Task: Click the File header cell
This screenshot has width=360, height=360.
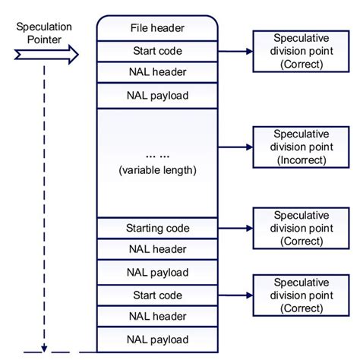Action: (157, 28)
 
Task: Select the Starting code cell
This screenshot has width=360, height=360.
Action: (157, 228)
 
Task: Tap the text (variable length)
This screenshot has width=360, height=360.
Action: (157, 170)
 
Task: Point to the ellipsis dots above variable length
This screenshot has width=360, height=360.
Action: (157, 155)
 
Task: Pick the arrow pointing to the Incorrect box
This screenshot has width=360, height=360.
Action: (235, 147)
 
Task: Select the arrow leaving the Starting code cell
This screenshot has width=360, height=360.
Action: (235, 227)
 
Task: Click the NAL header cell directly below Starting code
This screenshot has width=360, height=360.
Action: (157, 248)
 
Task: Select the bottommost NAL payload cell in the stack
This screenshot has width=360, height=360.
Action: (157, 339)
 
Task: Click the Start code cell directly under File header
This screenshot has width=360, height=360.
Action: (157, 51)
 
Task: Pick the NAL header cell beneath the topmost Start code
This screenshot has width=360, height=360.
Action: (157, 73)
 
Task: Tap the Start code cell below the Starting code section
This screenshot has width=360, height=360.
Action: (157, 293)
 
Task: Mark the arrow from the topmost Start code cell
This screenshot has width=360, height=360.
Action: (235, 52)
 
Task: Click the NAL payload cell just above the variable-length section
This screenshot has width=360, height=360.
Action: (157, 96)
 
